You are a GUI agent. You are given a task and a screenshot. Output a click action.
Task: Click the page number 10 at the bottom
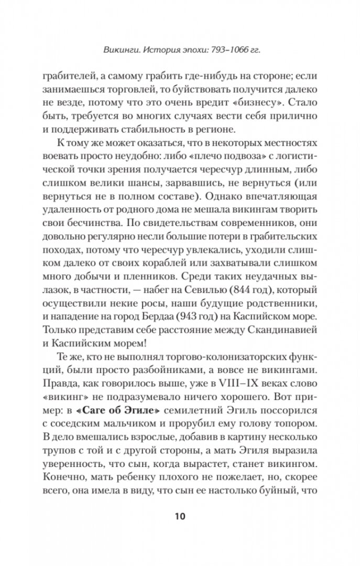(x=180, y=516)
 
